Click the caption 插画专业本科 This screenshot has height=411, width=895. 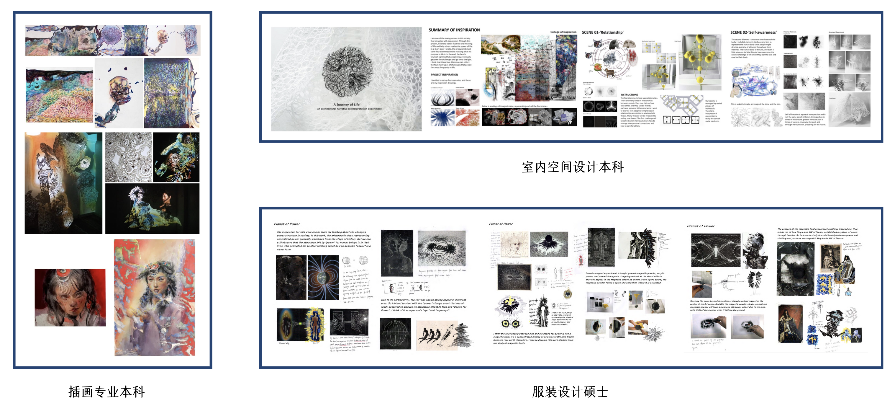106,392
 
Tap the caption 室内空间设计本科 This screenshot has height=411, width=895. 573,167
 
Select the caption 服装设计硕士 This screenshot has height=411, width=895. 570,392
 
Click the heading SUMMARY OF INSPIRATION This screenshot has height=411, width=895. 454,30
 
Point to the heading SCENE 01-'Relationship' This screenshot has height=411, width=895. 602,32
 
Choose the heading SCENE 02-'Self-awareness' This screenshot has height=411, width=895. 753,32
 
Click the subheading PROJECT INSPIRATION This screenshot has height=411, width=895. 444,75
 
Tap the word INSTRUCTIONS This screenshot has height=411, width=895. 629,94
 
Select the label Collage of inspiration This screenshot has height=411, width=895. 563,32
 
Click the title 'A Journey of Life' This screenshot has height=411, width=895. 346,104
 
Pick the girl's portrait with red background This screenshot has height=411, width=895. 70,298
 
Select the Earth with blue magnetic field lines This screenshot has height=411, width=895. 323,278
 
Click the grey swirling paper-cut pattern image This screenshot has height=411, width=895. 129,157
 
